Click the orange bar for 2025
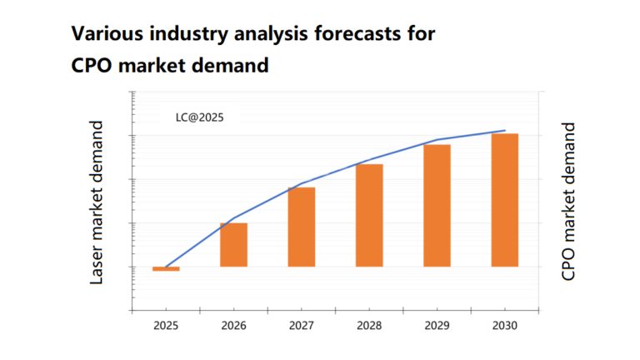166,268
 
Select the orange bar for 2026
234,245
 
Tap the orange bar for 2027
302,227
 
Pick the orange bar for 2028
369,215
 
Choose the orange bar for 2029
437,206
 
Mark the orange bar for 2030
505,200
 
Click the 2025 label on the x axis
166,325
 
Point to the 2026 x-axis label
234,325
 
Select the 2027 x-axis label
302,325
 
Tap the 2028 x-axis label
369,325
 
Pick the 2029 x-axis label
437,325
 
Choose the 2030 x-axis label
505,325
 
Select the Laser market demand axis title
97,202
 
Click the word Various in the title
103,34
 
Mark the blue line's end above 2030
505,131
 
